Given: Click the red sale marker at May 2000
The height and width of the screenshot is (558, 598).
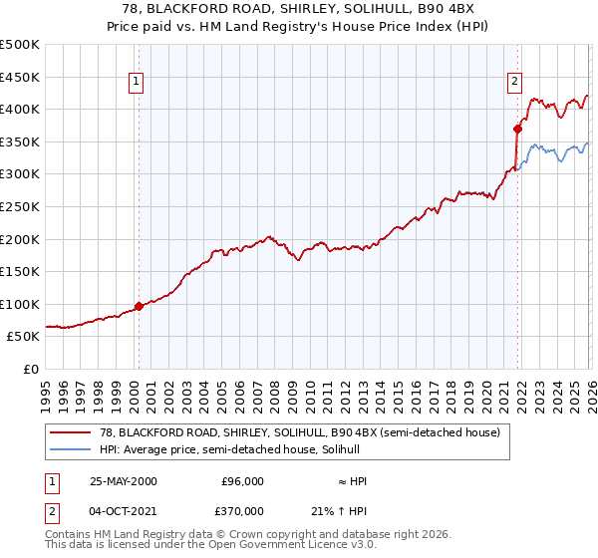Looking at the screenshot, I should tap(139, 306).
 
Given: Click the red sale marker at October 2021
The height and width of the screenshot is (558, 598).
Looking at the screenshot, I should tap(517, 128).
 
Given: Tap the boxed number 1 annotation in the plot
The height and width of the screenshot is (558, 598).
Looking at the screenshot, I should tap(135, 83).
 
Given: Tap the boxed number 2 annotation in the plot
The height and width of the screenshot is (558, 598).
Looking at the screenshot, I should tap(514, 83).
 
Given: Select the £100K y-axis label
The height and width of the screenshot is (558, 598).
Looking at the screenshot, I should tap(20, 304).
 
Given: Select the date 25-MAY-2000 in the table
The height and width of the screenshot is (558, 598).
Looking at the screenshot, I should tap(123, 481).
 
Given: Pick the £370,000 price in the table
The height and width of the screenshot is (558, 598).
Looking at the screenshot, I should tap(242, 510).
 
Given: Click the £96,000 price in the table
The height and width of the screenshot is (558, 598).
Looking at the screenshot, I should tap(242, 481).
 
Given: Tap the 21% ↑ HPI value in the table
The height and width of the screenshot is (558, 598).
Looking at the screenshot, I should tap(343, 510).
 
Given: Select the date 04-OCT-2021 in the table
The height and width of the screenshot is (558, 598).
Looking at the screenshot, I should tap(123, 510).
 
